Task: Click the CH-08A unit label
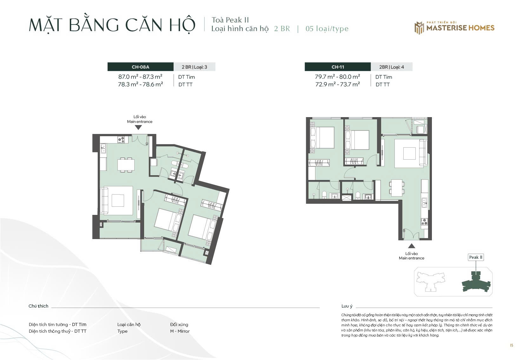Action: (140, 67)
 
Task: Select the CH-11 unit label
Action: (338, 67)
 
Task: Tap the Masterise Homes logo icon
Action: (419, 28)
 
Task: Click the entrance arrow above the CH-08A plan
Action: (138, 128)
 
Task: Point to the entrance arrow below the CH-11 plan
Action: (412, 246)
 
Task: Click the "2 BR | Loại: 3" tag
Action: (194, 67)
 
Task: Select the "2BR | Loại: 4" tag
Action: (392, 67)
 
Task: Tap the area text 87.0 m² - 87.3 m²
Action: (140, 77)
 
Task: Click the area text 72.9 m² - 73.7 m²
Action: (337, 84)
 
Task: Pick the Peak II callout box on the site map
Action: (476, 257)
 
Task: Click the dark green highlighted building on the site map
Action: (476, 282)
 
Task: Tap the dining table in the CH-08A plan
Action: (126, 165)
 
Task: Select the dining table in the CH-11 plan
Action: (397, 188)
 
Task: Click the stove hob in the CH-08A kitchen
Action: (121, 139)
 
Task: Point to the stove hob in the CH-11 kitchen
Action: (424, 222)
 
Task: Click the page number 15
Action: (512, 345)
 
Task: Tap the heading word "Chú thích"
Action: (38, 306)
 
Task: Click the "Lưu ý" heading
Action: (347, 306)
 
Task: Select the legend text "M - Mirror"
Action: (180, 331)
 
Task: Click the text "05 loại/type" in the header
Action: (327, 29)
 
